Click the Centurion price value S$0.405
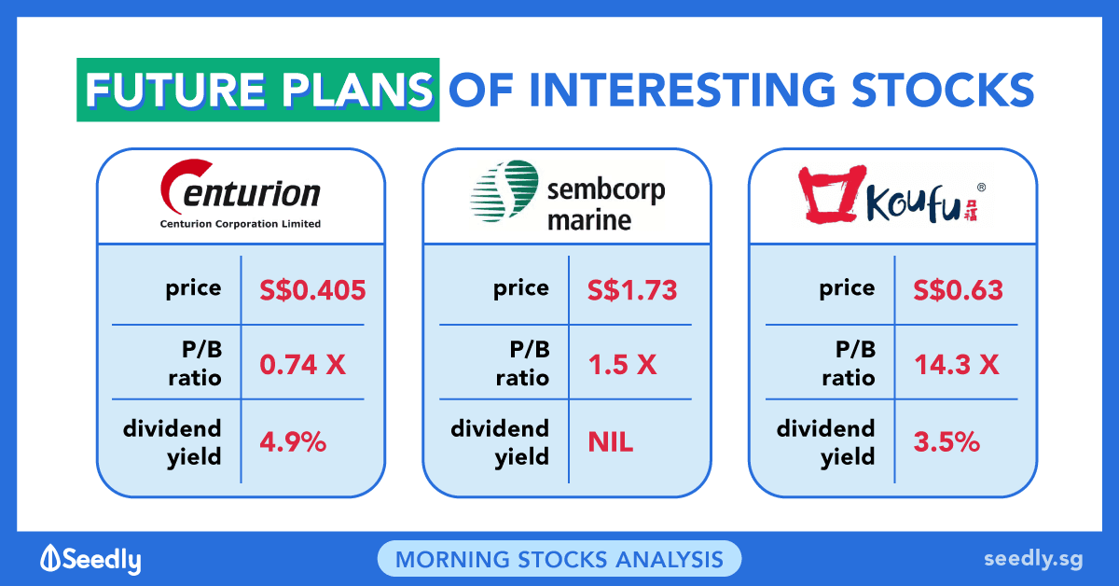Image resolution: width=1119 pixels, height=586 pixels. (x=312, y=290)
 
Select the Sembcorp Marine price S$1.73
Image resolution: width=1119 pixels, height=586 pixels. (x=632, y=290)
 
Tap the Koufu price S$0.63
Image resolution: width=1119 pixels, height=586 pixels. (x=959, y=290)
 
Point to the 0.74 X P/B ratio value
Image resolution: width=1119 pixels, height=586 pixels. (x=303, y=365)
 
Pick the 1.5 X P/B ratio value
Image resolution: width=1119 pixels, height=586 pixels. (x=623, y=365)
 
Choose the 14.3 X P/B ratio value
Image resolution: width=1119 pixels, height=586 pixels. (x=957, y=365)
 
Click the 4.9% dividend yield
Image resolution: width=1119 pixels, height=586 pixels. (x=293, y=442)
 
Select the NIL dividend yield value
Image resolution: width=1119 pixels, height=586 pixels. (x=611, y=442)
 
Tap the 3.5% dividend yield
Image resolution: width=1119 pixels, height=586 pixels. (x=946, y=442)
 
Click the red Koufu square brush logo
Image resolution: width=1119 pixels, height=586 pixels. (x=829, y=195)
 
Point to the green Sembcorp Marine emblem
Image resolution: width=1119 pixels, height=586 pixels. (x=504, y=190)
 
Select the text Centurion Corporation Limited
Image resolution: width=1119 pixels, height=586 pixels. (x=241, y=224)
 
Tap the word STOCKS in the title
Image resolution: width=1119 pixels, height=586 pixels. (x=943, y=90)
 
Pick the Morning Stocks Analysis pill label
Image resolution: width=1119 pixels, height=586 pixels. (x=559, y=559)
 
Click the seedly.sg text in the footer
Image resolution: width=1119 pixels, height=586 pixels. (x=1033, y=560)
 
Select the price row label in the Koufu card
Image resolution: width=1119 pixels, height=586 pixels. (x=848, y=289)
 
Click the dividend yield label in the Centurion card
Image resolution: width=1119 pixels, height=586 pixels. (x=172, y=443)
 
